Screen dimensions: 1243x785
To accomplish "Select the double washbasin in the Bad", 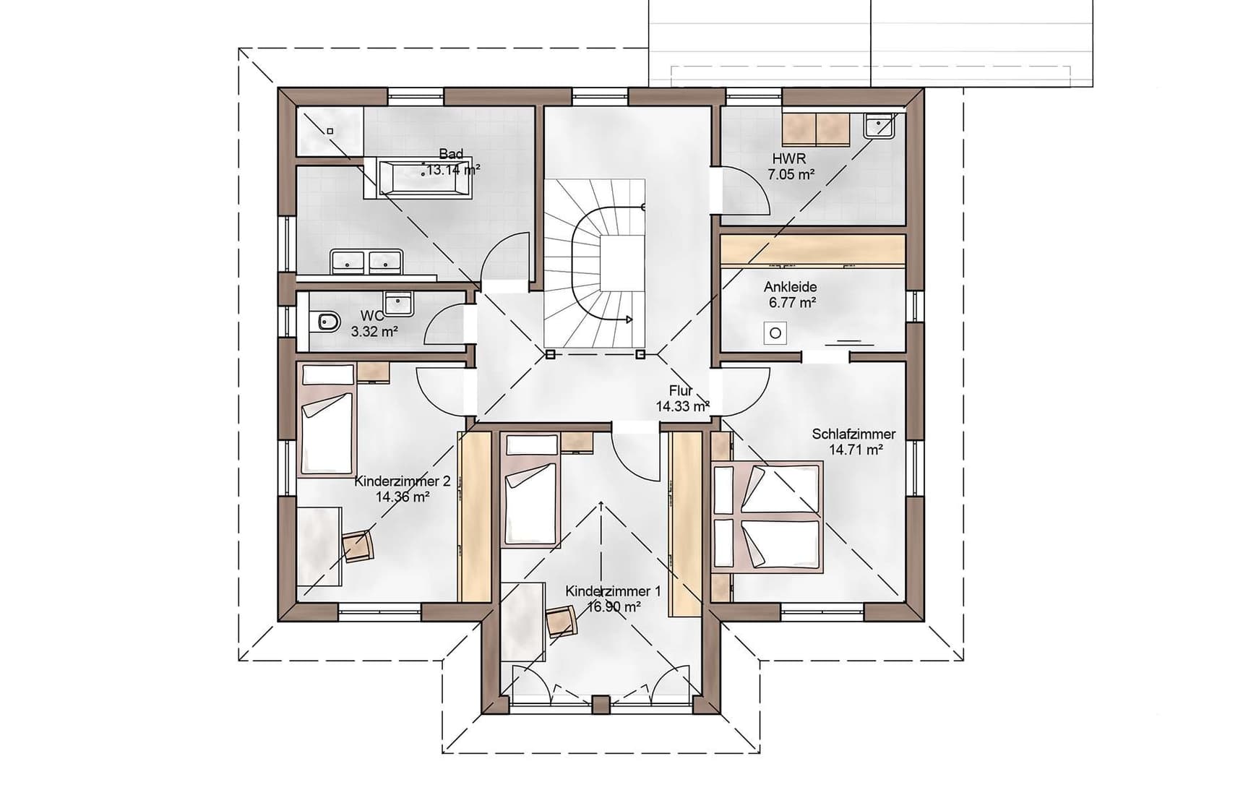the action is tap(366, 261).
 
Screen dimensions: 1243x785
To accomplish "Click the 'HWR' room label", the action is tap(789, 158).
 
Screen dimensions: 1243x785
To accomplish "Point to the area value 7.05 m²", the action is tap(791, 174).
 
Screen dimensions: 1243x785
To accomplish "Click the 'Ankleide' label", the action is tap(791, 287).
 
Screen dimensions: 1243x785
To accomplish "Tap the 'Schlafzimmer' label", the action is tap(853, 434).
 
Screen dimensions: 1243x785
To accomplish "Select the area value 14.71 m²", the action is tap(856, 450).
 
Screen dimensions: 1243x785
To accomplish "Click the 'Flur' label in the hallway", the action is tap(681, 390).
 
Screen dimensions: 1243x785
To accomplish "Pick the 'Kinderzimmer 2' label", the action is tap(403, 481).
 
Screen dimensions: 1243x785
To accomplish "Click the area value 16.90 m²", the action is tap(613, 607).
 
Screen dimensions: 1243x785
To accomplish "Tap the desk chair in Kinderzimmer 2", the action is tap(358, 546).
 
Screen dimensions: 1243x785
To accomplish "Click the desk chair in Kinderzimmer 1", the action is tap(562, 621).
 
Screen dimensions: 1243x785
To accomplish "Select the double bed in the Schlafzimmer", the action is tap(767, 517).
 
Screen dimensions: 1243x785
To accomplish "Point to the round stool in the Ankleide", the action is tap(775, 333).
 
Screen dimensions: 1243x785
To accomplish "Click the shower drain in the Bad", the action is tap(330, 131).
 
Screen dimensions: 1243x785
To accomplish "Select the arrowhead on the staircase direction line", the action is tap(629, 319).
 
